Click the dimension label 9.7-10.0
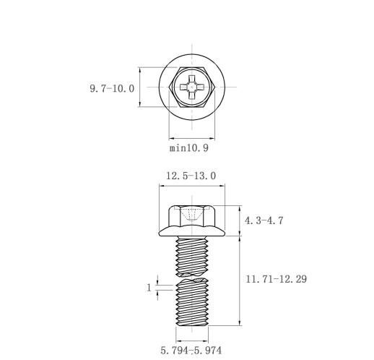[x=112, y=89]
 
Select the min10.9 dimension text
[x=189, y=147]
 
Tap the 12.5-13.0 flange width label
[x=191, y=176]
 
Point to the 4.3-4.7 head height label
[x=264, y=220]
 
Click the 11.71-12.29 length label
[x=277, y=279]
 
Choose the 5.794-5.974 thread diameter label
[x=191, y=350]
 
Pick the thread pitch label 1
[x=149, y=288]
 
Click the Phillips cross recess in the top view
[x=192, y=87]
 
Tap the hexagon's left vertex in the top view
[x=170, y=87]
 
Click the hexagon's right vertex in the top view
[x=214, y=87]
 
